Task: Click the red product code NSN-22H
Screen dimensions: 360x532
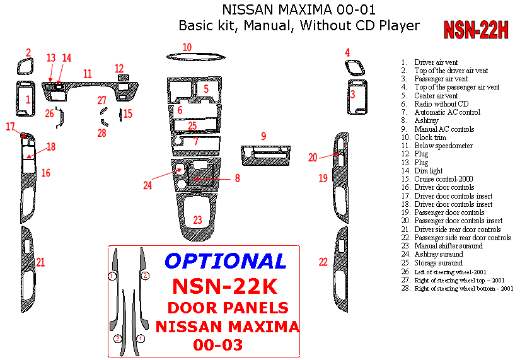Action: pos(476,30)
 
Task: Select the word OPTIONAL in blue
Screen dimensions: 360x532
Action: pos(226,260)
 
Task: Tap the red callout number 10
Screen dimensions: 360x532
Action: pos(187,47)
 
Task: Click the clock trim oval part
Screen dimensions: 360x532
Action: pos(195,57)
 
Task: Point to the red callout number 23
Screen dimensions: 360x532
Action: pos(198,219)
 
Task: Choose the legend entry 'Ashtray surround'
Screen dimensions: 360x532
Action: pos(438,254)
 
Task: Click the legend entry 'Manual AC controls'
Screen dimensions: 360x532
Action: pos(444,129)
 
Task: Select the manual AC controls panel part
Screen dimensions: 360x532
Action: pos(265,153)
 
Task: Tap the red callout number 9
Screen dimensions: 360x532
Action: pos(263,136)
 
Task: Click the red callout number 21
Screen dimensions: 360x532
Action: pos(40,262)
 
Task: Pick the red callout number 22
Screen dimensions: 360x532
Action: pos(323,262)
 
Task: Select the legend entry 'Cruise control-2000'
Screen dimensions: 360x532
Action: pos(443,179)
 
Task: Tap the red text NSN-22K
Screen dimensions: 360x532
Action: pos(224,286)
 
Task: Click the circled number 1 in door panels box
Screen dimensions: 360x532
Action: pos(112,276)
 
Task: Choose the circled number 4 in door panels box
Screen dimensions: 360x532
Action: pos(141,339)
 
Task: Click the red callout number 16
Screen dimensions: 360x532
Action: pos(45,173)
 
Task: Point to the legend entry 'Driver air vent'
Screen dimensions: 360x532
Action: pos(436,62)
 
